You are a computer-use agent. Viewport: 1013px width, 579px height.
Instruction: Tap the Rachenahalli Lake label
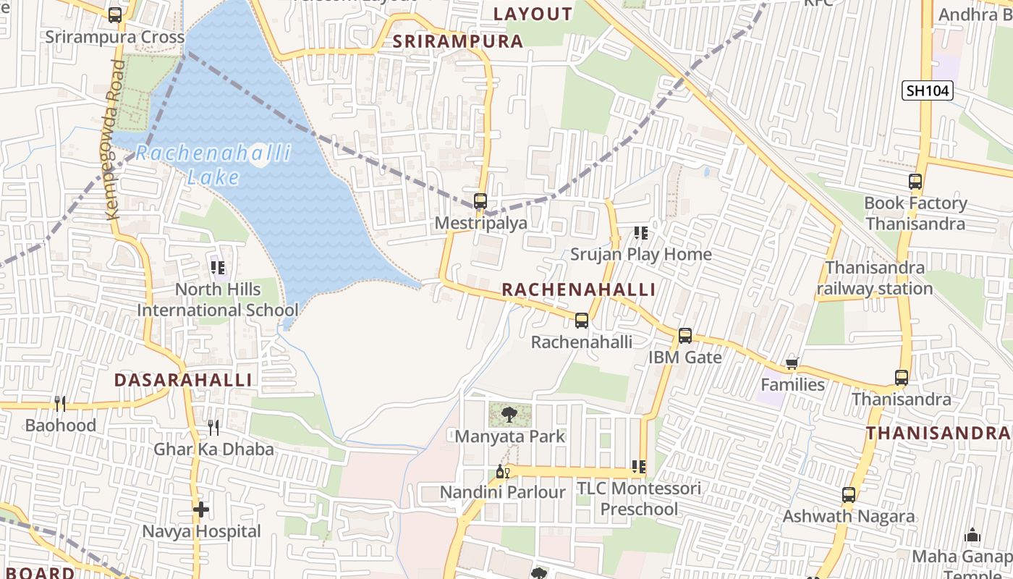(213, 165)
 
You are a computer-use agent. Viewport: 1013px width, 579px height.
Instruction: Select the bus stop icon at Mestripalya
(480, 201)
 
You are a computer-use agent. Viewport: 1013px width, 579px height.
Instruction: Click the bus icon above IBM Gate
(684, 336)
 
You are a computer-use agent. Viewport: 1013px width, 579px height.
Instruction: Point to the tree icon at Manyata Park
(509, 415)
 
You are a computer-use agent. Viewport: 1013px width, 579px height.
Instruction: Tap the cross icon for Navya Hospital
(201, 510)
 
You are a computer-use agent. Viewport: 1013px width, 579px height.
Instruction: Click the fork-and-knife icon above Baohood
(60, 404)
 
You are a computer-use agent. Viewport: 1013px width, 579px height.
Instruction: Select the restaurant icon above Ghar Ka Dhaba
(213, 428)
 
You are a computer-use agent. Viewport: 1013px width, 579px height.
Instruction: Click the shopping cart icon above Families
(792, 363)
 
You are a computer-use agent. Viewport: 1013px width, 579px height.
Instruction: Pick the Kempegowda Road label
(114, 140)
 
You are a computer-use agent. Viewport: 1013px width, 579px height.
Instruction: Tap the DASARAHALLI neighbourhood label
(183, 380)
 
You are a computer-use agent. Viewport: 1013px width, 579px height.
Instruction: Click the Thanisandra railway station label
(875, 278)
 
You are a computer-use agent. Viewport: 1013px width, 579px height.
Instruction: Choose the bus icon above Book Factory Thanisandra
(915, 182)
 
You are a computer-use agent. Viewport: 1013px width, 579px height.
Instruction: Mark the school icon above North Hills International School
(218, 268)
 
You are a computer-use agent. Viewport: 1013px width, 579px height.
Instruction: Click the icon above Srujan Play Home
(640, 233)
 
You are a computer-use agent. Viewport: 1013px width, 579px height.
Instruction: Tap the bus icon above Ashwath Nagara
(849, 496)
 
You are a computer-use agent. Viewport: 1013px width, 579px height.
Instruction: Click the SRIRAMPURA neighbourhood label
(457, 41)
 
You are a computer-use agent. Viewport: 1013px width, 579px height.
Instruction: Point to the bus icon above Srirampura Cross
(115, 15)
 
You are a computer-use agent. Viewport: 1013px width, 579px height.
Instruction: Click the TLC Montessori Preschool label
(639, 499)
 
